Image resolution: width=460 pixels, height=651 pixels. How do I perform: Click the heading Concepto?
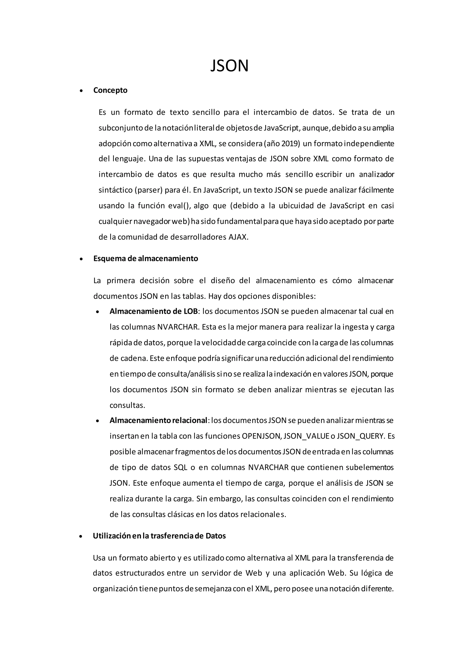[110, 90]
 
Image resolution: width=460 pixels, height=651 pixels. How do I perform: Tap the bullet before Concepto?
[81, 91]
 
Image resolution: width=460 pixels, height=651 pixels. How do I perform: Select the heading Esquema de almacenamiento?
[146, 259]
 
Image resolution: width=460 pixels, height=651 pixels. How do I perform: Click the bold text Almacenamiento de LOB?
[154, 311]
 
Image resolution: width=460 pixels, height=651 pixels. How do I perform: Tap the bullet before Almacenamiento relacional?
[98, 421]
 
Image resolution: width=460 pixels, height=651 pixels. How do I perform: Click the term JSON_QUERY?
[360, 436]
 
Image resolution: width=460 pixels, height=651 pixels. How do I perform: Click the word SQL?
[180, 467]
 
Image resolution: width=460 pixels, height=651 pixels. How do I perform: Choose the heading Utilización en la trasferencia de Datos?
[159, 536]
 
